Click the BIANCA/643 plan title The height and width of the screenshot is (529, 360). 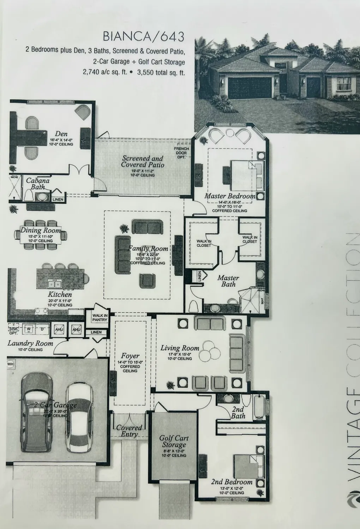click(143, 37)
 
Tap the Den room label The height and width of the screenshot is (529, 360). click(61, 134)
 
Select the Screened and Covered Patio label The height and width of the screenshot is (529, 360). click(143, 162)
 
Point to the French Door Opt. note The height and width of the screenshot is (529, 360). click(181, 153)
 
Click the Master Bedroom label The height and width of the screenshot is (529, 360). click(230, 196)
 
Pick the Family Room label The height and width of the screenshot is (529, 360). click(148, 249)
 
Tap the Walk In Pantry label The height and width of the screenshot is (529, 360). click(100, 317)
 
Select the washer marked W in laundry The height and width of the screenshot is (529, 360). click(28, 329)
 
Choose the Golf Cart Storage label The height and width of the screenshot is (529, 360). click(174, 441)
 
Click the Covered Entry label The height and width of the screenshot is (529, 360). click(129, 431)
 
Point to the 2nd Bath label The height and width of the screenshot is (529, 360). click(238, 413)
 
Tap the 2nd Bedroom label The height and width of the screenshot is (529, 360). click(232, 482)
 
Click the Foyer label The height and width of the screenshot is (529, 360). click(130, 356)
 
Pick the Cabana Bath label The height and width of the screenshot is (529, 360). click(38, 183)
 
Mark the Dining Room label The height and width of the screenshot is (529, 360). click(40, 230)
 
